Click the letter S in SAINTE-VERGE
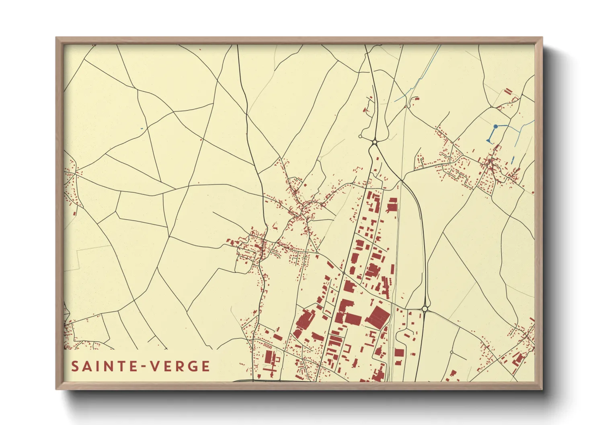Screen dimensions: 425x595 click(75, 366)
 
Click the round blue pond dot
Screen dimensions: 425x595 click(496, 127)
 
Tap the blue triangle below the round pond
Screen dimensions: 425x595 click(489, 141)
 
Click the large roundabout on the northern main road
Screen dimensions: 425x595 click(375, 142)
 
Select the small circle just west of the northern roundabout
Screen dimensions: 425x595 click(360, 137)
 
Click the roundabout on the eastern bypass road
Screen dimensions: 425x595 click(425, 309)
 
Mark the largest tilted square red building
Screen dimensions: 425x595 click(378, 316)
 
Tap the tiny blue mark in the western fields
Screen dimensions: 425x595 click(142, 129)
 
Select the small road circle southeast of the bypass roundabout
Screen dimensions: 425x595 click(452, 352)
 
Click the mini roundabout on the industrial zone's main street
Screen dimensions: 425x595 click(344, 273)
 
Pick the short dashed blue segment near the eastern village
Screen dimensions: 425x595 click(513, 160)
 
